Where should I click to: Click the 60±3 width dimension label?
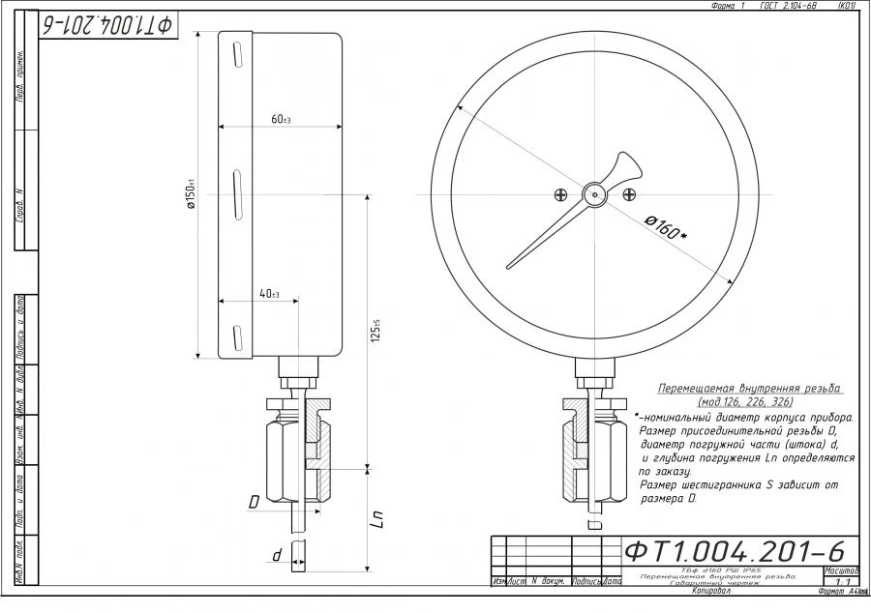pyautogui.click(x=281, y=119)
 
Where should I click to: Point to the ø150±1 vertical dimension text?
pyautogui.click(x=192, y=194)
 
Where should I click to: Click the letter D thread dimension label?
pyautogui.click(x=254, y=502)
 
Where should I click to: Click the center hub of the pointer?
pyautogui.click(x=594, y=193)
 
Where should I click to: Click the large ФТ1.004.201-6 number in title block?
pyautogui.click(x=735, y=551)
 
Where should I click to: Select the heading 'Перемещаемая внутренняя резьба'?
pyautogui.click(x=749, y=388)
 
